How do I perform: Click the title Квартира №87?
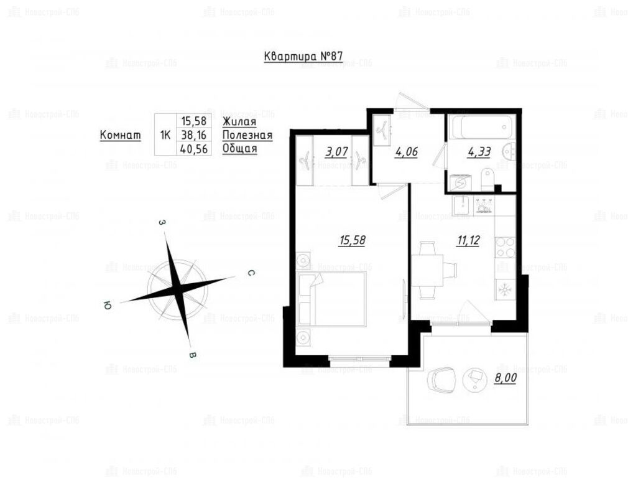[x=303, y=56]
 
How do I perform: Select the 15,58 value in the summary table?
[x=194, y=121]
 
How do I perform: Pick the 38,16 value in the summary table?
[x=194, y=134]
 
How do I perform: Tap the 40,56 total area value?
[x=194, y=149]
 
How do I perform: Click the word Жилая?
[x=239, y=121]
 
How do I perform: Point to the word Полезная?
[x=247, y=135]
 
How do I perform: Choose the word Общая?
[x=239, y=149]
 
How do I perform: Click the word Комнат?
[x=120, y=135]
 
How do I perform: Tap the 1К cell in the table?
[x=165, y=135]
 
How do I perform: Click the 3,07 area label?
[x=336, y=152]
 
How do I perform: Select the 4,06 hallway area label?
[x=406, y=152]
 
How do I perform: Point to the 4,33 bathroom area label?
[x=479, y=152]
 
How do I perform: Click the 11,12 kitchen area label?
[x=468, y=241]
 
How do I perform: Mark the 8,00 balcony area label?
[x=505, y=378]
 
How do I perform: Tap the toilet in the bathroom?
[x=487, y=180]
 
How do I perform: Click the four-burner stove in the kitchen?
[x=505, y=248]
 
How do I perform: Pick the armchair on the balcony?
[x=441, y=378]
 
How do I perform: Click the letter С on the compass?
[x=251, y=273]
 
